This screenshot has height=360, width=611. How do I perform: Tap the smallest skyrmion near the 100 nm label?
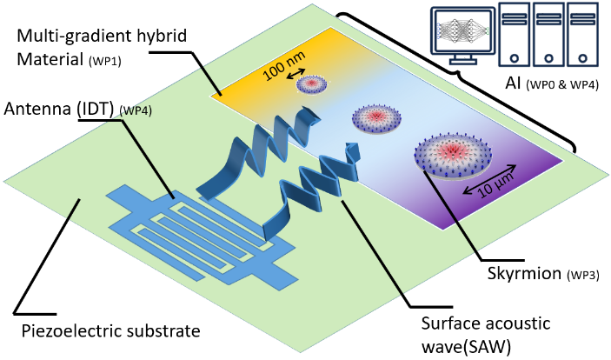click(x=311, y=84)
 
